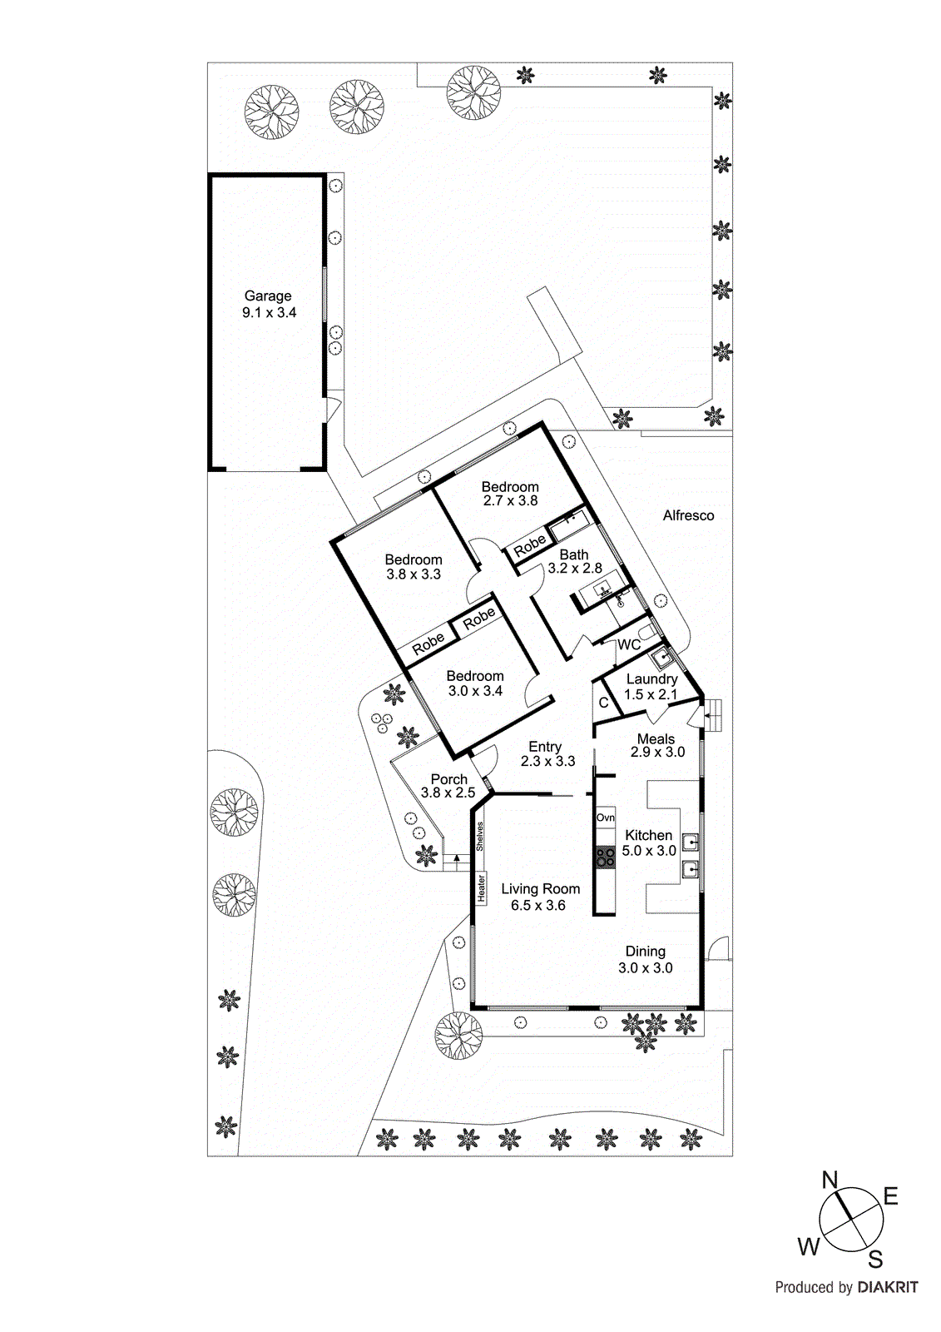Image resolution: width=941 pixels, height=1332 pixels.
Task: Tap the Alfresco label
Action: pos(688,515)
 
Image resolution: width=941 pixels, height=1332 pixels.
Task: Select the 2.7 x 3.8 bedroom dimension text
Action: pos(510,501)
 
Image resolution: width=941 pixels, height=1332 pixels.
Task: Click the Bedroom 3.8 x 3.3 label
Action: pos(414,567)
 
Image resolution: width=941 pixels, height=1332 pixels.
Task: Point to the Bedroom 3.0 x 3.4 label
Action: pos(475,683)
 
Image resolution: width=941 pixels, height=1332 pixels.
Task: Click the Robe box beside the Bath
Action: pos(529,546)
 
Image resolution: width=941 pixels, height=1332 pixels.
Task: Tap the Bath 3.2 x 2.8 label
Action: pos(574,561)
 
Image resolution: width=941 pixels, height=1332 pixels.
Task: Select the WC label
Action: pos(629,644)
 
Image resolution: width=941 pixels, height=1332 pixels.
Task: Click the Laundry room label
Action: pos(651,679)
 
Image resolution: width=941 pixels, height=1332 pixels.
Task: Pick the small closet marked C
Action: pos(604,703)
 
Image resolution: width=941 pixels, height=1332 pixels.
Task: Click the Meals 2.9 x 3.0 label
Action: pos(656,745)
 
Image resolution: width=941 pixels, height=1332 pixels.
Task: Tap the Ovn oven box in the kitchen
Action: pos(605,818)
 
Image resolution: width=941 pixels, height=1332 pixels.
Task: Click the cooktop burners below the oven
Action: pos(605,857)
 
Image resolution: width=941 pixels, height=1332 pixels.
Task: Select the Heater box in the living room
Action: pos(481,888)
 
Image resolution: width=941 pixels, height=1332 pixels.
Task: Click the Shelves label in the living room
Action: pos(480,836)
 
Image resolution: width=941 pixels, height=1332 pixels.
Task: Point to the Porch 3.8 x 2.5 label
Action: pos(448,786)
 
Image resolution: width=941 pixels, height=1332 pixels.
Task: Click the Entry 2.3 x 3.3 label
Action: pos(546,753)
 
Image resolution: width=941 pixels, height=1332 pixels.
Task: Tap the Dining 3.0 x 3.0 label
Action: pos(645,959)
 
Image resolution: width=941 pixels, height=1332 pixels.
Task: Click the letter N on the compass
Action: pos(830,1180)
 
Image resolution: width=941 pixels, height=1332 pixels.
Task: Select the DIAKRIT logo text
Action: pos(888,1287)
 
